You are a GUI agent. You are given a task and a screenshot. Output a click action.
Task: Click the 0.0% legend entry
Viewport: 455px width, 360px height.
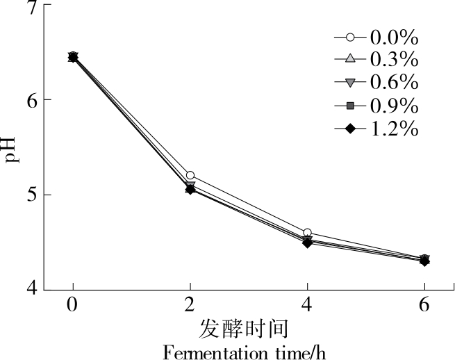click(375, 37)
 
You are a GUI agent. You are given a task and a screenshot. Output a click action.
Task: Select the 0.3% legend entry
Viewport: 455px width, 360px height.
click(375, 60)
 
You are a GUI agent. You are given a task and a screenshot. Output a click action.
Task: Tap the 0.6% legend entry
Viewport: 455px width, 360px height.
click(375, 83)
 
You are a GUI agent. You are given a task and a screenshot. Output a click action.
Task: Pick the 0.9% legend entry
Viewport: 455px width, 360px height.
click(375, 106)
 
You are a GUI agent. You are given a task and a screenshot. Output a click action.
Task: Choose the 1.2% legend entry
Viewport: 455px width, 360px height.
click(375, 129)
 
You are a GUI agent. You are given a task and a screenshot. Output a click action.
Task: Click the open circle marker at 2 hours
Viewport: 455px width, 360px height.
click(190, 176)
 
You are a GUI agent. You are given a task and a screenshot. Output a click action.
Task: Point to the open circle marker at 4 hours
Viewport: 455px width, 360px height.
click(307, 233)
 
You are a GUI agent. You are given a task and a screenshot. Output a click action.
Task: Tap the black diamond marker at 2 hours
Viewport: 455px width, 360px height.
click(190, 189)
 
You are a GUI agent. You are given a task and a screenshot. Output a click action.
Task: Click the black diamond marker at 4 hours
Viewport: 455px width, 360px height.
click(307, 243)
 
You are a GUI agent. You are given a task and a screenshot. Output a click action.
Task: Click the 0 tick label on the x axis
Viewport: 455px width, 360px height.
click(72, 306)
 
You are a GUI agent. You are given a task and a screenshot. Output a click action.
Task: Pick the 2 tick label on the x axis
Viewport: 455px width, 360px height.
click(190, 306)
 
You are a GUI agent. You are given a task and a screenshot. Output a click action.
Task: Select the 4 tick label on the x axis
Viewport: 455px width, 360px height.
click(307, 306)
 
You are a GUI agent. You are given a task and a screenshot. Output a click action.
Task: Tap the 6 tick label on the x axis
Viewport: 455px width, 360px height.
click(424, 306)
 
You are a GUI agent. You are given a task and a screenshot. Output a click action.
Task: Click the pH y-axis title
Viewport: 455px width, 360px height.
click(10, 149)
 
